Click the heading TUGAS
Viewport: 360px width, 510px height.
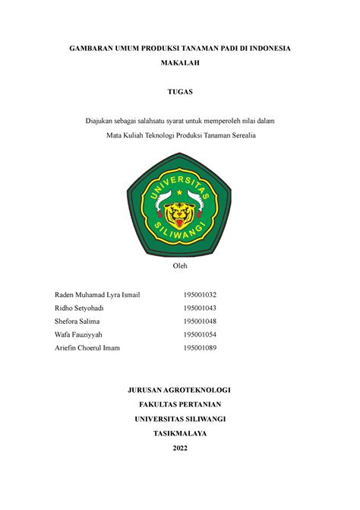coord(180,93)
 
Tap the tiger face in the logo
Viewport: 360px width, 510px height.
coord(179,215)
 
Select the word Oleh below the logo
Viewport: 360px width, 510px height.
coord(180,265)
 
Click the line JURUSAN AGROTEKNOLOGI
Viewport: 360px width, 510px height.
coord(180,390)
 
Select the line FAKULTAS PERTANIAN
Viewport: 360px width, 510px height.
coord(180,404)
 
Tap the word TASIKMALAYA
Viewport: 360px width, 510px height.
coord(180,433)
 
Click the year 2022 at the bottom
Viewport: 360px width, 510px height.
coord(180,448)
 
